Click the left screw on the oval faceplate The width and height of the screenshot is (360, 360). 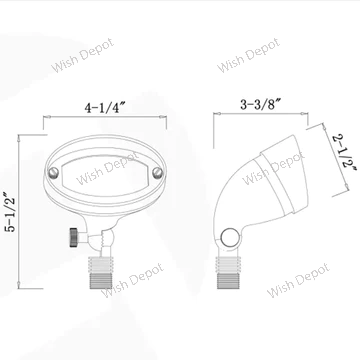(53, 172)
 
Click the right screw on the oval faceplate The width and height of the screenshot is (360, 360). (157, 173)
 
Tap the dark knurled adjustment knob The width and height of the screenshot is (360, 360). (74, 237)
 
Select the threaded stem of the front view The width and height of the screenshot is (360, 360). (101, 273)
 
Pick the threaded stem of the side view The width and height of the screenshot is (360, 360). (228, 273)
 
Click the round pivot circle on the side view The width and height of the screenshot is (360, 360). (230, 238)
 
